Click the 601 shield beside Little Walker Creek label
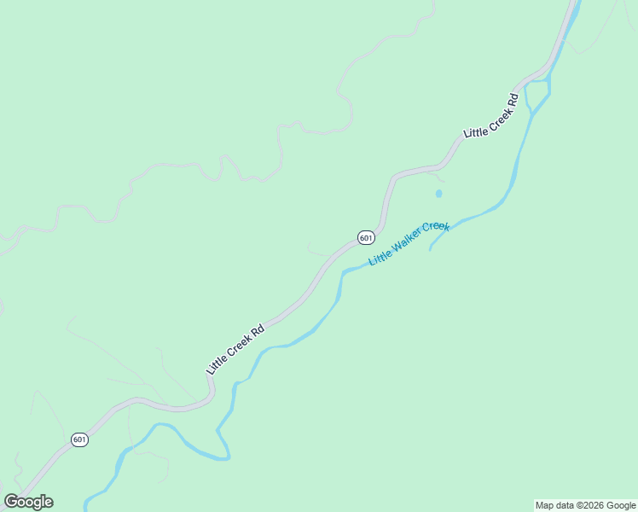click(x=365, y=237)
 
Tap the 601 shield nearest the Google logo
click(x=79, y=439)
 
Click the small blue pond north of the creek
click(x=438, y=194)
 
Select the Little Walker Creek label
click(x=409, y=244)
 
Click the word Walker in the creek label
click(x=406, y=245)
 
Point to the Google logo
click(x=28, y=502)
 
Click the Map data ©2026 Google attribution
click(x=585, y=505)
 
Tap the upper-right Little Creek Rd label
click(x=490, y=116)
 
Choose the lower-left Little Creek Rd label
click(x=235, y=348)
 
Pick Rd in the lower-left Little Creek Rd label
click(x=257, y=329)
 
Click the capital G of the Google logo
click(x=11, y=502)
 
